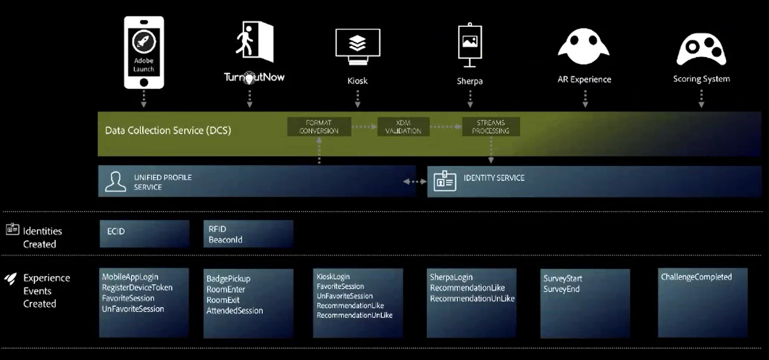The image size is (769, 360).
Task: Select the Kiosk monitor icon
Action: pos(358,47)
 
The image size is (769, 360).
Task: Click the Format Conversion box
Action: pos(319,127)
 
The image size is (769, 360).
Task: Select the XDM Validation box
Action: pos(403,127)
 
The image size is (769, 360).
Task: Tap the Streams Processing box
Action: pos(491,127)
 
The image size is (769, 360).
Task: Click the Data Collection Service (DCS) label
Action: pos(168,131)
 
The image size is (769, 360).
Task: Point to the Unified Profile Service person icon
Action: pos(115,182)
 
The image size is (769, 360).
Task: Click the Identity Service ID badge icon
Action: pos(444,181)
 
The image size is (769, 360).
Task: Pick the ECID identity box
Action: pos(144,234)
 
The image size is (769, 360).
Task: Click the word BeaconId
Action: pos(225,240)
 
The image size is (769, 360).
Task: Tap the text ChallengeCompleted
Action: pos(696,277)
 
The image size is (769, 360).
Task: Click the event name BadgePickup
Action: pos(228,279)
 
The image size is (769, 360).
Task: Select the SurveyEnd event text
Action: pos(561,289)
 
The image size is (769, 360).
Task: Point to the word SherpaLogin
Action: pos(451,277)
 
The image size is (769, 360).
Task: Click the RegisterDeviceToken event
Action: pos(137,287)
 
